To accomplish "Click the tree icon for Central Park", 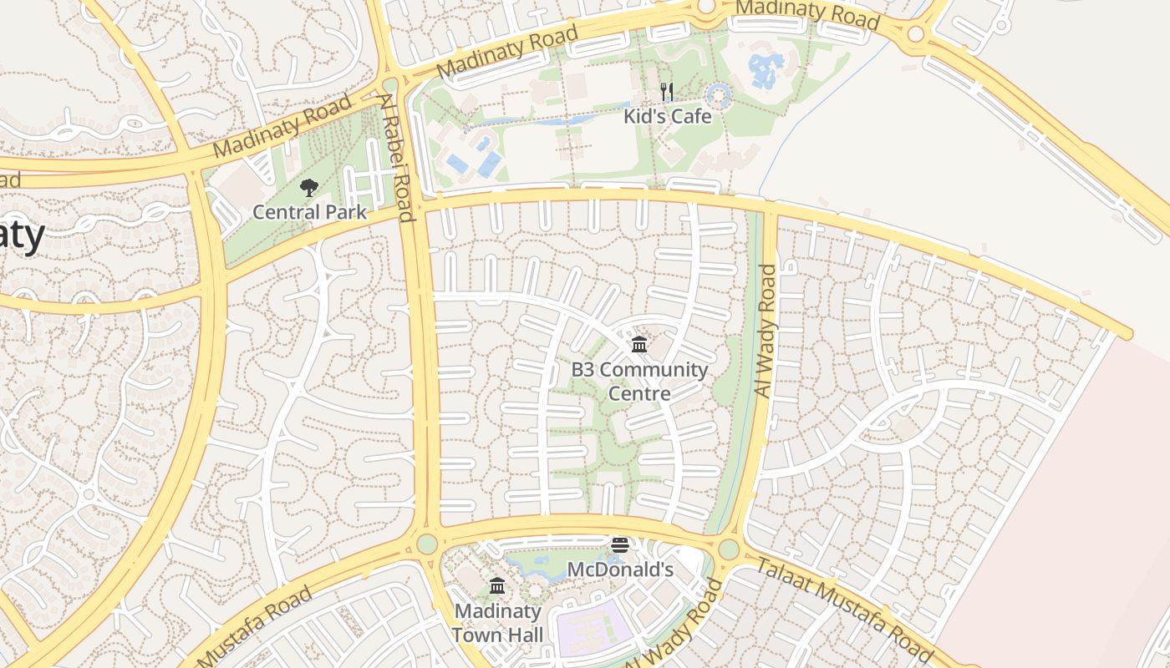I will coord(309,187).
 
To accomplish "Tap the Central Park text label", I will coord(309,212).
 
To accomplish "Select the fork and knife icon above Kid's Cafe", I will coord(667,92).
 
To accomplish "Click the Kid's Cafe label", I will coord(668,116).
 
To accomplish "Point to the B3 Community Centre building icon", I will coord(639,344).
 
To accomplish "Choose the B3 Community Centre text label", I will coord(639,381).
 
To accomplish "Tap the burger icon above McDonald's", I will coord(620,545).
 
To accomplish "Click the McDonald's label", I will coord(620,569).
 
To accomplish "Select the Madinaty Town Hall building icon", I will coord(497,585).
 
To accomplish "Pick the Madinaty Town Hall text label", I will coord(497,623).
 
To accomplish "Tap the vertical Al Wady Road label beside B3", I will coord(765,330).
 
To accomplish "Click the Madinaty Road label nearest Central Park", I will coord(282,126).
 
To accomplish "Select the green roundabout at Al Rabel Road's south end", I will coord(427,544).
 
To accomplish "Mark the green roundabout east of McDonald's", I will coord(729,549).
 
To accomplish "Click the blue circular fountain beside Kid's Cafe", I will coord(719,95).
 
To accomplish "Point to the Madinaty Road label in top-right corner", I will coord(806,14).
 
